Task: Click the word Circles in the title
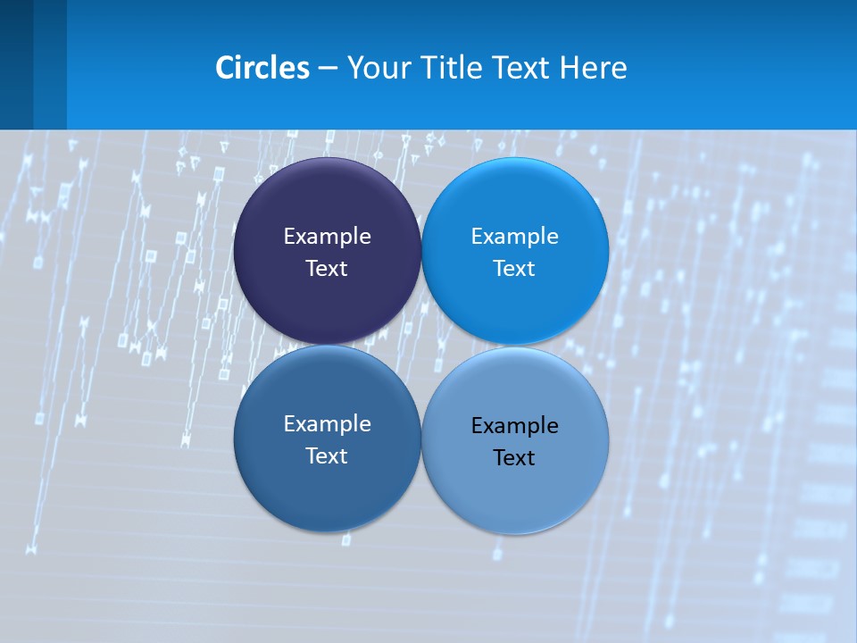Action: point(262,68)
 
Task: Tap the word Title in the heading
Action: point(454,68)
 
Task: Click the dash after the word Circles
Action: point(328,69)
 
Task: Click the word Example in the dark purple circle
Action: point(327,237)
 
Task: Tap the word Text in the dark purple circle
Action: point(327,269)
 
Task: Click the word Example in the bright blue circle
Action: point(515,237)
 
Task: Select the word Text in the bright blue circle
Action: point(515,269)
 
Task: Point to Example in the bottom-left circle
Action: point(327,424)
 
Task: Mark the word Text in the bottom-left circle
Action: point(327,456)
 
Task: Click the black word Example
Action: point(515,426)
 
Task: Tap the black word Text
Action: point(515,458)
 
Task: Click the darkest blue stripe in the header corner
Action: point(16,64)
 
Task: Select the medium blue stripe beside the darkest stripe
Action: point(50,64)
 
